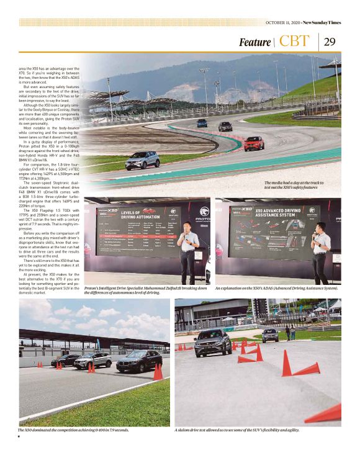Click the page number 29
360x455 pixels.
330,42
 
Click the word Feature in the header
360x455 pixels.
255,42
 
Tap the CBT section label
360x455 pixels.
294,42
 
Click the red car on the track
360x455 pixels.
253,143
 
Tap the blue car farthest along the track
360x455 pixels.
202,123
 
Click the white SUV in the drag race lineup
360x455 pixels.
94,361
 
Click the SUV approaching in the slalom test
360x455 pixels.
213,342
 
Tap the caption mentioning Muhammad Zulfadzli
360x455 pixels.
146,291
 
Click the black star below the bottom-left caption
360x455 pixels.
19,437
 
